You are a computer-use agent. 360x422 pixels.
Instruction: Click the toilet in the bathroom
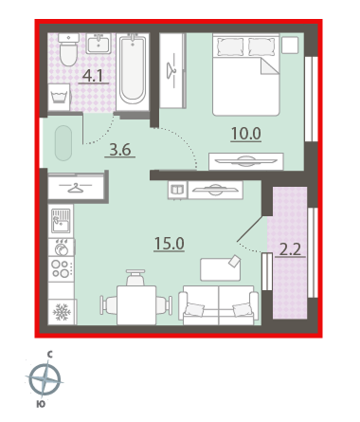pyautogui.click(x=68, y=49)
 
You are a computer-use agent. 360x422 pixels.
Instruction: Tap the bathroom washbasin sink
pyautogui.click(x=99, y=44)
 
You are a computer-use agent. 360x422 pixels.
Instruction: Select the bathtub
pyautogui.click(x=133, y=72)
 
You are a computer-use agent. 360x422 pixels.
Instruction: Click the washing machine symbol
pyautogui.click(x=59, y=97)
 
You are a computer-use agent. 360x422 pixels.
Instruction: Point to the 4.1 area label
pyautogui.click(x=93, y=76)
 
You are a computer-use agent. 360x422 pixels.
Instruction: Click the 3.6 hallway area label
pyautogui.click(x=120, y=150)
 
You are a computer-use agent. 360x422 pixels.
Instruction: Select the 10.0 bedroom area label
pyautogui.click(x=246, y=134)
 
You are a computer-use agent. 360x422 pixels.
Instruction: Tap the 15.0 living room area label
pyautogui.click(x=170, y=244)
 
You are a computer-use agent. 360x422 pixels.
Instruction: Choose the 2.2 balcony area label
pyautogui.click(x=290, y=250)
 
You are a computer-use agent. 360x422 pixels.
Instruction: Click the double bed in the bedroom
pyautogui.click(x=246, y=75)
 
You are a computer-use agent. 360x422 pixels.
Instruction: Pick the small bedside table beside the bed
pyautogui.click(x=290, y=45)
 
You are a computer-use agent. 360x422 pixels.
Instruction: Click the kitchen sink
pyautogui.click(x=61, y=221)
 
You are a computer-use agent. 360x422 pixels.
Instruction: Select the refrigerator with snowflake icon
pyautogui.click(x=62, y=312)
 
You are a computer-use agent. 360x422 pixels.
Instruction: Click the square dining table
pyautogui.click(x=136, y=305)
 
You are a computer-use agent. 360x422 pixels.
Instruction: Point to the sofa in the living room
pyautogui.click(x=219, y=305)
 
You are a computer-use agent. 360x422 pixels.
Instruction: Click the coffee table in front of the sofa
pyautogui.click(x=221, y=269)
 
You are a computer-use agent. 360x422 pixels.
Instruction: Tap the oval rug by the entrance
pyautogui.click(x=63, y=143)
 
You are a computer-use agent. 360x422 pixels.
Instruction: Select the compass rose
pyautogui.click(x=45, y=379)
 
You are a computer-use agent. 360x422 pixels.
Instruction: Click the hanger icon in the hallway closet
pyautogui.click(x=76, y=188)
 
